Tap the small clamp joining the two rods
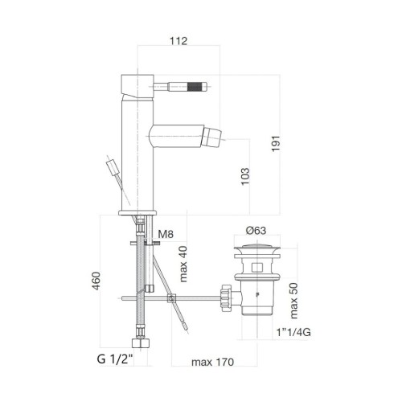170,300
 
